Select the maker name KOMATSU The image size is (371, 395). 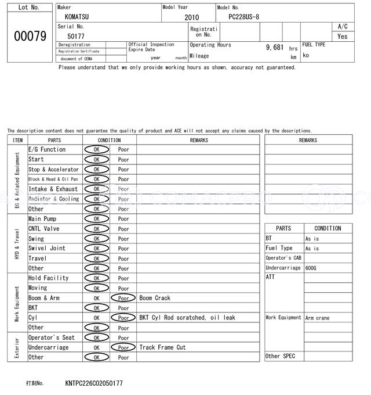click(77, 17)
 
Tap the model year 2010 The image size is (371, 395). click(191, 17)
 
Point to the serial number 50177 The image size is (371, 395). click(75, 36)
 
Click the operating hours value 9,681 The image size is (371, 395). click(274, 47)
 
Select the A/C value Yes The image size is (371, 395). click(343, 36)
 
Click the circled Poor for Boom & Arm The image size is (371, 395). click(123, 298)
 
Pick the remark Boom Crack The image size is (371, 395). click(155, 298)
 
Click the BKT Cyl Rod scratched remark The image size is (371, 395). click(187, 318)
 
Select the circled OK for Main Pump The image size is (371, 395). click(96, 219)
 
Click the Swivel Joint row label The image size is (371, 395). click(47, 249)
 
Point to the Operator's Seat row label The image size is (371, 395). click(52, 337)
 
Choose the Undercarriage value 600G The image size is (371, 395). click(311, 268)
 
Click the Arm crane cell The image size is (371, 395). click(317, 318)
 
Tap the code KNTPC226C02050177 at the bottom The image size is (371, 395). click(94, 383)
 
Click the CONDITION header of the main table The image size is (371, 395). click(109, 140)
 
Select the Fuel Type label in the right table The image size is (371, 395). click(279, 248)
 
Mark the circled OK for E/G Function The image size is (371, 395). click(96, 150)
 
